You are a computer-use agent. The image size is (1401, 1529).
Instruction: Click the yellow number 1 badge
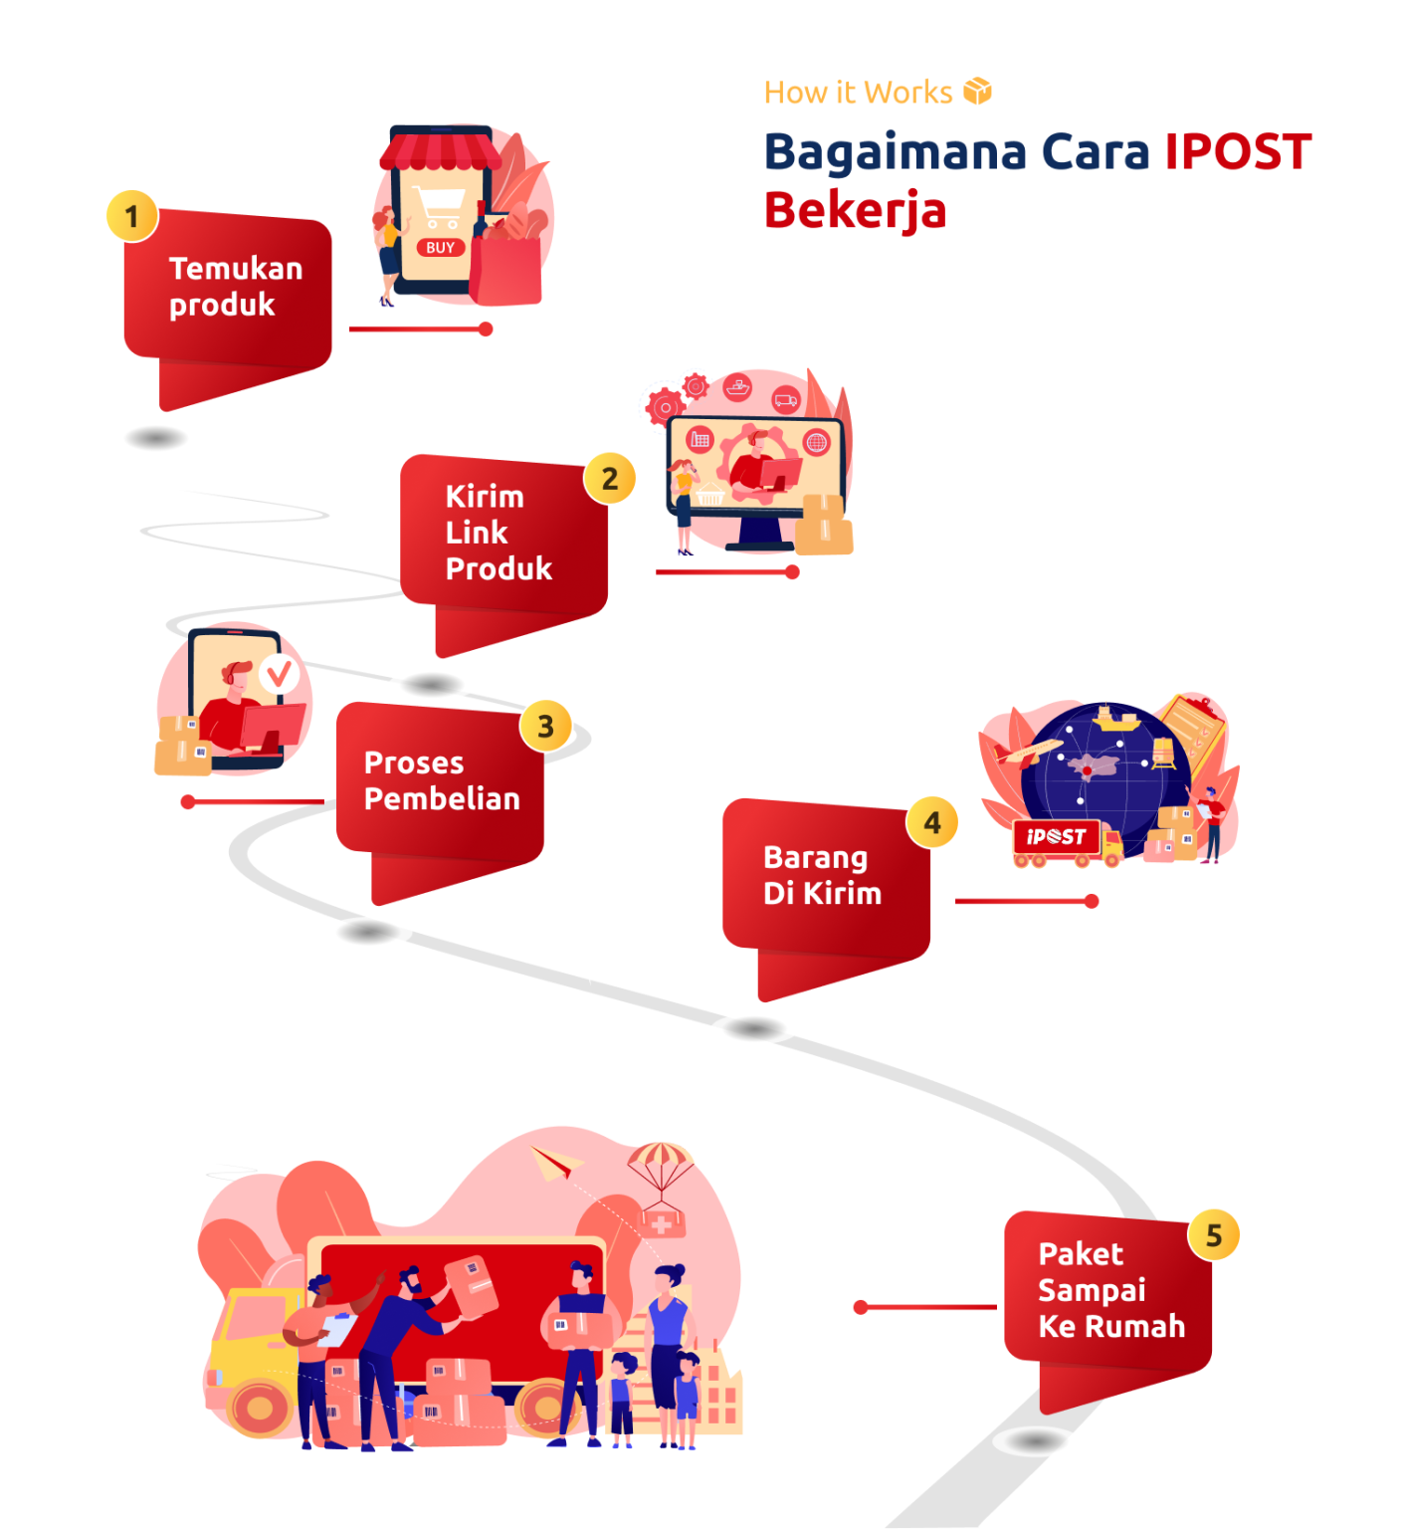tap(132, 216)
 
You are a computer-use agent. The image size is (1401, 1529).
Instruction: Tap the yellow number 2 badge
tap(610, 479)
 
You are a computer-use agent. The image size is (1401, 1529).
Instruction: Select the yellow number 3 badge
tap(545, 727)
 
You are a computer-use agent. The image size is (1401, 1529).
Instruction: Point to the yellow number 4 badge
tap(932, 823)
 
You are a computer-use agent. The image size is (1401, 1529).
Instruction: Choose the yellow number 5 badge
tap(1214, 1236)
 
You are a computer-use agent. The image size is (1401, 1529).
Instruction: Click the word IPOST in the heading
tap(1238, 152)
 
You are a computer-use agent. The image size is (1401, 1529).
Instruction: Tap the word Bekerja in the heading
tap(855, 211)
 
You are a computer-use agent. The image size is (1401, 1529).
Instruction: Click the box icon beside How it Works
tap(977, 92)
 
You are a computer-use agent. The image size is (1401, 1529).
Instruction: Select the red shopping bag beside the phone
tap(505, 267)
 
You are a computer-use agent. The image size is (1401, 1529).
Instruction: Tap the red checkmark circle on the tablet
tap(280, 674)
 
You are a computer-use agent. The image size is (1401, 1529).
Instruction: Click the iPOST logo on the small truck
tap(1056, 837)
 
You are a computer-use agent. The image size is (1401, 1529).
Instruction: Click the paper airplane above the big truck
tap(554, 1162)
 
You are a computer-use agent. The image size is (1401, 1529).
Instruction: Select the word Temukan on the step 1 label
tap(236, 269)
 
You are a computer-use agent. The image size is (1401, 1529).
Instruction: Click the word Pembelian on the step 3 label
tap(442, 798)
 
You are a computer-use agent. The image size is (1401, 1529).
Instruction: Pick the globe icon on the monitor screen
tap(816, 442)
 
